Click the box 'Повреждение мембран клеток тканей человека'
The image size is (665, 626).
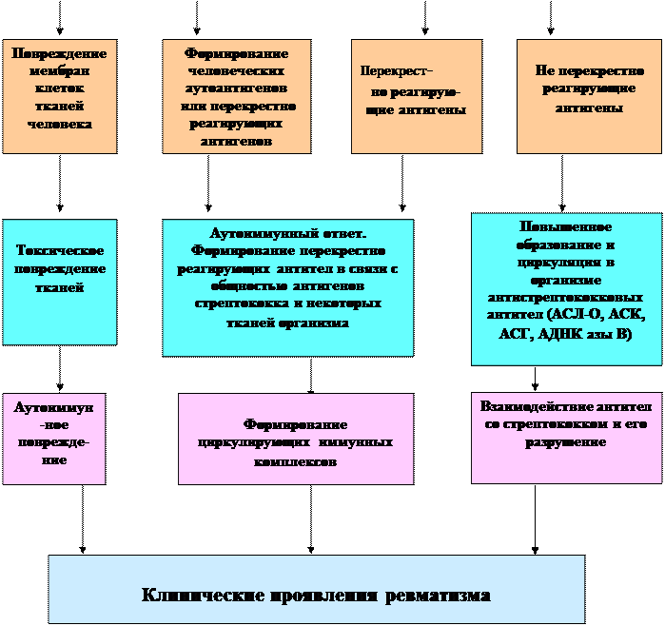pos(59,96)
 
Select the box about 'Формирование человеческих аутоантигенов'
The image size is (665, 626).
pos(237,96)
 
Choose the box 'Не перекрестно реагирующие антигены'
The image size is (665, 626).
pos(589,96)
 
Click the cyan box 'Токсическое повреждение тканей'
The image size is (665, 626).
pos(59,282)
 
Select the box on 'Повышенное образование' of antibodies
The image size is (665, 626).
pos(566,288)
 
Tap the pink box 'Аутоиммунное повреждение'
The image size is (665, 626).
pos(53,438)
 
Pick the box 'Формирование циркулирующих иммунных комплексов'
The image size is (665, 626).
pos(295,439)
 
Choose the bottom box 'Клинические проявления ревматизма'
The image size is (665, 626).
pos(316,589)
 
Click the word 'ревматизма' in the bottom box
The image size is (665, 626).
pos(439,597)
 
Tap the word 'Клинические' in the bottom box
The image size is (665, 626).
pos(200,597)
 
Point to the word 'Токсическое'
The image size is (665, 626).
pos(60,250)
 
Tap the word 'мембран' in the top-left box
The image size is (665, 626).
pos(59,71)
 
